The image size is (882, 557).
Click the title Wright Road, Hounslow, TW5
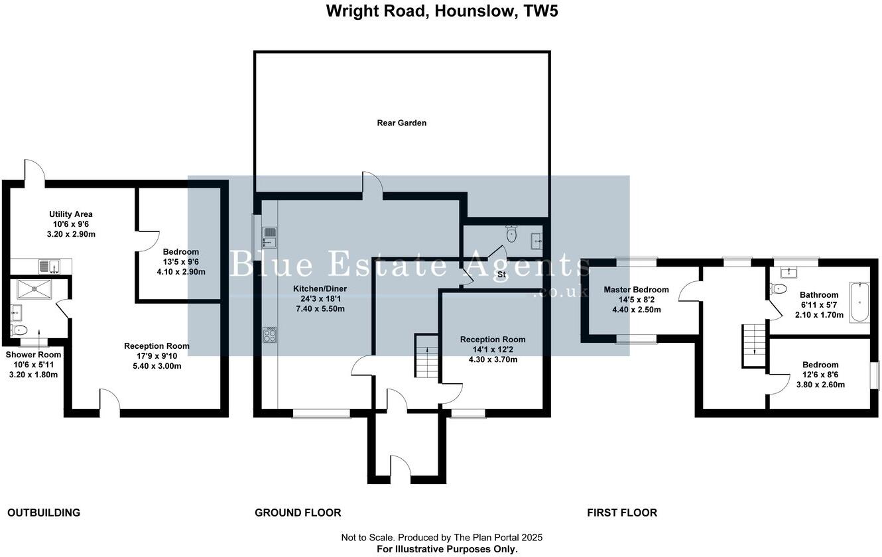click(x=442, y=11)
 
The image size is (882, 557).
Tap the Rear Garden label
click(x=402, y=123)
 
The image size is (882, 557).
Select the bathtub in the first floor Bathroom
click(x=859, y=302)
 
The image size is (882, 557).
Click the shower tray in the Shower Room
click(x=34, y=289)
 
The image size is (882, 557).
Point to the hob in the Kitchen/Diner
click(x=270, y=335)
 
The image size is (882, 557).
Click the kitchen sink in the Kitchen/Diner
click(x=270, y=237)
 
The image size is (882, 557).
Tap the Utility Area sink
click(x=49, y=267)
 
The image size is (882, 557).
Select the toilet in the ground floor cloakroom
click(x=511, y=233)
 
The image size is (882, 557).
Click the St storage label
click(x=501, y=275)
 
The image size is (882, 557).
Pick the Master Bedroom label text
click(x=637, y=290)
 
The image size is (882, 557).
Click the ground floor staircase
click(x=426, y=356)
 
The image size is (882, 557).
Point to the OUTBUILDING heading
click(x=44, y=513)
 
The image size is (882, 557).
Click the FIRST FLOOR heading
click(x=622, y=513)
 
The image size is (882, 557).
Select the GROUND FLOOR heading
click(x=298, y=513)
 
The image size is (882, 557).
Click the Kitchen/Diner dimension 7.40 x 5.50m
click(x=320, y=309)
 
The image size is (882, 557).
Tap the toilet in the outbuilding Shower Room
click(x=19, y=330)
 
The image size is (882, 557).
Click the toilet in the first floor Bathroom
click(x=778, y=289)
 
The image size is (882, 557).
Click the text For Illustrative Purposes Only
click(x=447, y=549)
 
